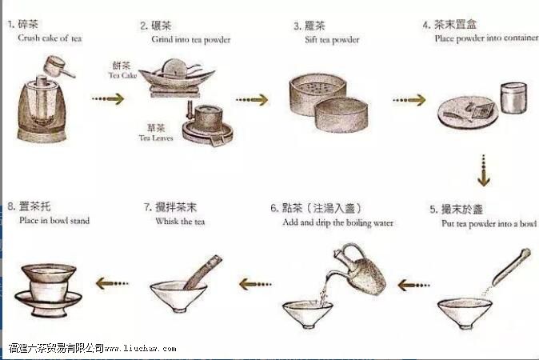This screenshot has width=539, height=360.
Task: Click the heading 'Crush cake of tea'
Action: tap(50, 38)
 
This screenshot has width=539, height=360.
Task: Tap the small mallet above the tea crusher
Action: tap(58, 67)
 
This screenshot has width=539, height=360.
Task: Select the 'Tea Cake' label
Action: tap(122, 75)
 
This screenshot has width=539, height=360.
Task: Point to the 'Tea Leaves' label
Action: tap(156, 138)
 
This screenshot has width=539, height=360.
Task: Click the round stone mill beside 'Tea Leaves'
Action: tap(208, 125)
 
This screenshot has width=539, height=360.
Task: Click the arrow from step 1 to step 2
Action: tap(108, 99)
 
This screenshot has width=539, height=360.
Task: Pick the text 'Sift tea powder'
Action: tap(332, 40)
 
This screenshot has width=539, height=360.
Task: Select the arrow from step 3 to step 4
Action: tap(409, 100)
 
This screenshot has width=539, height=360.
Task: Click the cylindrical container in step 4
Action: tap(513, 98)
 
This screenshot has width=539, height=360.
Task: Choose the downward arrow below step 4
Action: tap(484, 170)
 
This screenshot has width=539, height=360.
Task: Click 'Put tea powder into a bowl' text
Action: tap(489, 224)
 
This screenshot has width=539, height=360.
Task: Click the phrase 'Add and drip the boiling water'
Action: tap(337, 223)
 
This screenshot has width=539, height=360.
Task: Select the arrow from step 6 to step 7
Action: tap(255, 284)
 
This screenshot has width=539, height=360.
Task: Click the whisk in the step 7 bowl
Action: tap(203, 272)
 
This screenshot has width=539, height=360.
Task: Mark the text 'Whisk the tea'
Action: tap(180, 222)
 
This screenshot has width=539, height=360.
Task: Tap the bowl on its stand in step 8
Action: tap(49, 290)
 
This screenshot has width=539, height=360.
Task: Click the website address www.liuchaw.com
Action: tap(140, 348)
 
